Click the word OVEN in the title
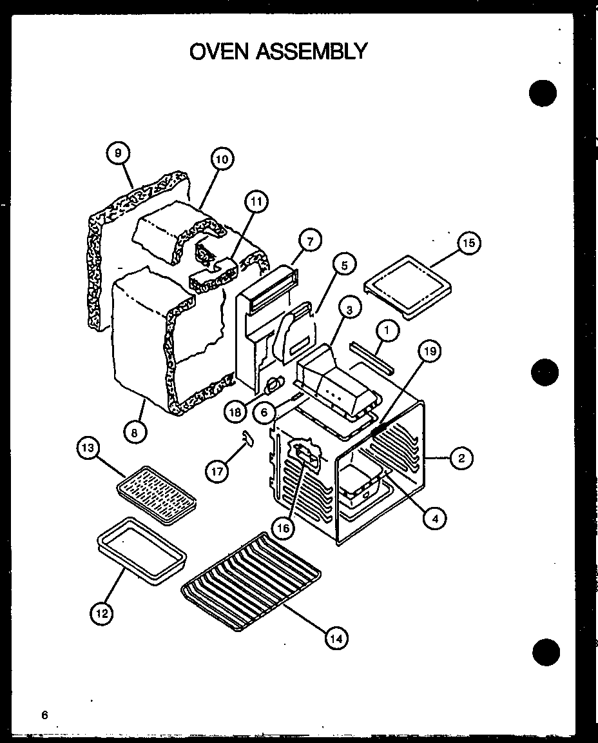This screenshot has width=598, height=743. [x=220, y=51]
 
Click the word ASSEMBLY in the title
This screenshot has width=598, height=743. [x=313, y=51]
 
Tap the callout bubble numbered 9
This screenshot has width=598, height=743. [x=118, y=154]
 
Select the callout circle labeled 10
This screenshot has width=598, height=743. [x=221, y=159]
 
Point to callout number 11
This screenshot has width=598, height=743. [x=256, y=202]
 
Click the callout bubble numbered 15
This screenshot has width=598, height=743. [x=468, y=243]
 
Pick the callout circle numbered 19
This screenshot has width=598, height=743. [x=430, y=352]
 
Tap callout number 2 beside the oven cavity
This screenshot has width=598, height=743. [x=461, y=459]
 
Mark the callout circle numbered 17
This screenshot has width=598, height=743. [x=217, y=471]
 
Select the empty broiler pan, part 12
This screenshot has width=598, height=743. [x=141, y=553]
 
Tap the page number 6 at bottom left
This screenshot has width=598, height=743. [x=44, y=715]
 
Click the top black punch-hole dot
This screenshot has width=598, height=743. [x=543, y=94]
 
